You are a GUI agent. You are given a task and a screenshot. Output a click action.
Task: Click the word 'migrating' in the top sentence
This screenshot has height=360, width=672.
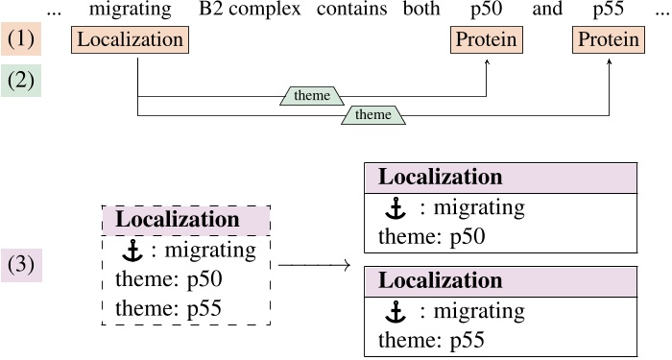click(130, 11)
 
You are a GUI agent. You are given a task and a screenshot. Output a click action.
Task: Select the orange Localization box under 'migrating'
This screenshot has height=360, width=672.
click(130, 40)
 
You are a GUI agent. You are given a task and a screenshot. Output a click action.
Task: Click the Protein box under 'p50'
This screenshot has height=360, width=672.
click(486, 40)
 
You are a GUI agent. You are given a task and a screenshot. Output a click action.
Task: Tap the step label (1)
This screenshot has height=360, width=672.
click(20, 40)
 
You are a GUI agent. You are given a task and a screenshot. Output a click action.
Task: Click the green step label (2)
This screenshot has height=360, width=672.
click(20, 80)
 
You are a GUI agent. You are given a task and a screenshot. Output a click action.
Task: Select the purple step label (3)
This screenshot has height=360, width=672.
click(20, 265)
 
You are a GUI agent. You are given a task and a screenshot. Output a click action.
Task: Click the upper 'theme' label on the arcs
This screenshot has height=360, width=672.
click(312, 95)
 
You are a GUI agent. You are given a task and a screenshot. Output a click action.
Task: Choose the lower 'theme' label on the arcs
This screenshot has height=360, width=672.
click(373, 114)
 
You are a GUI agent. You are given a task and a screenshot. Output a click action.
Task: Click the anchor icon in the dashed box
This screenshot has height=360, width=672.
click(132, 251)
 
